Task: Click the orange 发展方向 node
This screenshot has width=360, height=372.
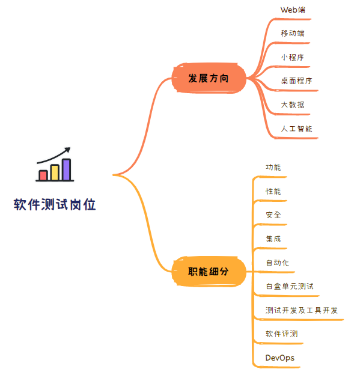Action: pos(209,78)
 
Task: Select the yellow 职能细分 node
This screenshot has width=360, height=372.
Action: pos(209,272)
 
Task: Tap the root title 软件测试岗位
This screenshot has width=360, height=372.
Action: pos(55,204)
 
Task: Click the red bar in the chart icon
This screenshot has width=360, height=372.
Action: pos(43,175)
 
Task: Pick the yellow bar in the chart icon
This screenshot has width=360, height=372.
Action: pos(55,172)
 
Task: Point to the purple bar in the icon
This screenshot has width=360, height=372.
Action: pos(67,169)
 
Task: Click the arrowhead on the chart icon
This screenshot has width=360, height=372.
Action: pos(67,150)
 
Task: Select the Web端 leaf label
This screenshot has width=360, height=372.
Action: pos(293,10)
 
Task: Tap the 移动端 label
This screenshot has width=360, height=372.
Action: pos(293,33)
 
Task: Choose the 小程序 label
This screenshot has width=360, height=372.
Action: pos(293,57)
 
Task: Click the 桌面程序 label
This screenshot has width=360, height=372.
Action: pos(296,81)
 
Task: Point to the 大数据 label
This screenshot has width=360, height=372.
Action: pos(293,105)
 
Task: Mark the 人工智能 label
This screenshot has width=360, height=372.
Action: pos(296,129)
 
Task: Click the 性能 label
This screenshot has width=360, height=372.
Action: pos(273,191)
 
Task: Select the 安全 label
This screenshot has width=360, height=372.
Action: pos(273,215)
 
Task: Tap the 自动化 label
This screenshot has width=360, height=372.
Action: pos(277,263)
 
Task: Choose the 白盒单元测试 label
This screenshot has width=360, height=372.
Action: pos(290,286)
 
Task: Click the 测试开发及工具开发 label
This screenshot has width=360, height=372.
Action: pos(301,310)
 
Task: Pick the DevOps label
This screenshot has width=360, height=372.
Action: pos(280,358)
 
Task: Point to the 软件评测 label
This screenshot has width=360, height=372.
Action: pos(281,334)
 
